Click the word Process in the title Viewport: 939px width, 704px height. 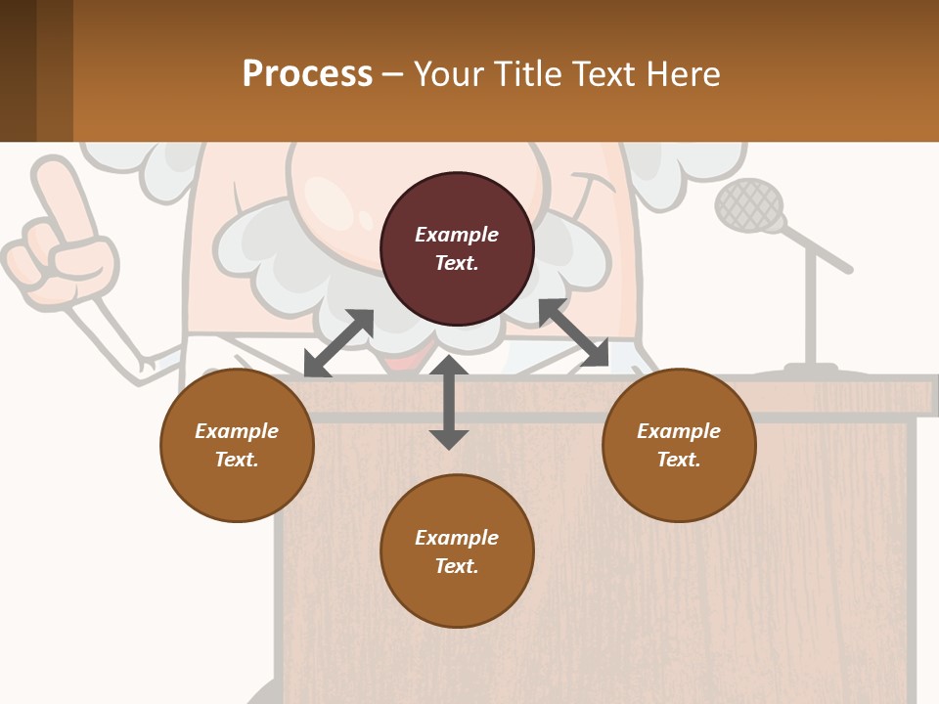pyautogui.click(x=307, y=74)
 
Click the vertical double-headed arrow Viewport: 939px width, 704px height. pyautogui.click(x=449, y=402)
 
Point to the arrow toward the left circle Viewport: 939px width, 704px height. pyautogui.click(x=338, y=343)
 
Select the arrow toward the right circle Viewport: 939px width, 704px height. pyautogui.click(x=573, y=333)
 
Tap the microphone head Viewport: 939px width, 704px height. pyautogui.click(x=749, y=205)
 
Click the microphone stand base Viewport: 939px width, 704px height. pyautogui.click(x=811, y=373)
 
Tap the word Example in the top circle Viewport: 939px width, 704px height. pyautogui.click(x=457, y=235)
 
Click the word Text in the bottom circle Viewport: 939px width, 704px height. pyautogui.click(x=456, y=566)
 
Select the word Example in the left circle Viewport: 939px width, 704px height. pyautogui.click(x=237, y=431)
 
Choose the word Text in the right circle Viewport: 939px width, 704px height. pyautogui.click(x=678, y=460)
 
